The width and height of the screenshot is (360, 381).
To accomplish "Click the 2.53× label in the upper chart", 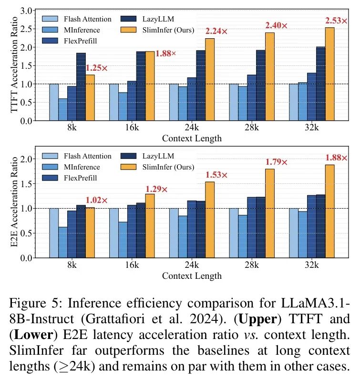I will point(337,21).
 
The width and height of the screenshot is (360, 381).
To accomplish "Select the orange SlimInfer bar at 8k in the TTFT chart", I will point(90,97).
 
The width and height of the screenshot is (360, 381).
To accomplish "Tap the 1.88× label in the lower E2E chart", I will point(337,158).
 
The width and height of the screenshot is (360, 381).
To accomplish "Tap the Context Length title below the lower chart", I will point(192,276).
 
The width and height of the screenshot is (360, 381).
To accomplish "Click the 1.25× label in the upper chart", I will point(97,68).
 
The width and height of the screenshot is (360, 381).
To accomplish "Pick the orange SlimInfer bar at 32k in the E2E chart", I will point(329,211).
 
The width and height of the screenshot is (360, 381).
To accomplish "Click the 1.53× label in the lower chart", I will point(216,174).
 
